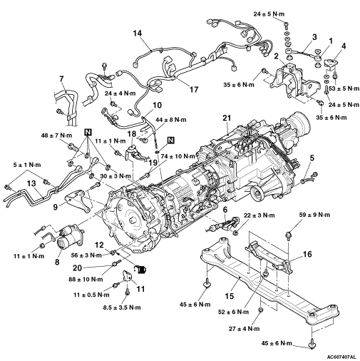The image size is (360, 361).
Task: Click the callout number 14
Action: pos(138,33)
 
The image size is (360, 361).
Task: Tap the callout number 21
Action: pos(227,118)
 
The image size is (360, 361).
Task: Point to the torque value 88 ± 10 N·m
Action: pos(86,279)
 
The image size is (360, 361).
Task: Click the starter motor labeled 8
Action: pos(71,238)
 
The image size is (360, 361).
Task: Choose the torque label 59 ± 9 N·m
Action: pos(314,215)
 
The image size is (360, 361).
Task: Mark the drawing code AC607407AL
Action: pos(341,357)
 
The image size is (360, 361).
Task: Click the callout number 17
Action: pos(194,89)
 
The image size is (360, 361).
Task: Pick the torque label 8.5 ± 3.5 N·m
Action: pos(122,307)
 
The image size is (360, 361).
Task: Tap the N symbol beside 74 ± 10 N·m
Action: pos(171,141)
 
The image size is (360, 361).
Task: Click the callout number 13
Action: pos(31,183)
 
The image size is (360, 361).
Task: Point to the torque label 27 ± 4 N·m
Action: pos(245,329)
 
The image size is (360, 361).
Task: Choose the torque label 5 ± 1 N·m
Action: pos(27,165)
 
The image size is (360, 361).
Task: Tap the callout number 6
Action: pos(225,210)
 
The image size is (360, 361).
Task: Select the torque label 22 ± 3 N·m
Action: pos(259,215)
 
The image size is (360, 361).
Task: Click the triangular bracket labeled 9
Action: pos(76,200)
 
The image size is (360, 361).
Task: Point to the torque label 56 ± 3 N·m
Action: pos(86,255)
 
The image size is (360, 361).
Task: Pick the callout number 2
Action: pos(276,56)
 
